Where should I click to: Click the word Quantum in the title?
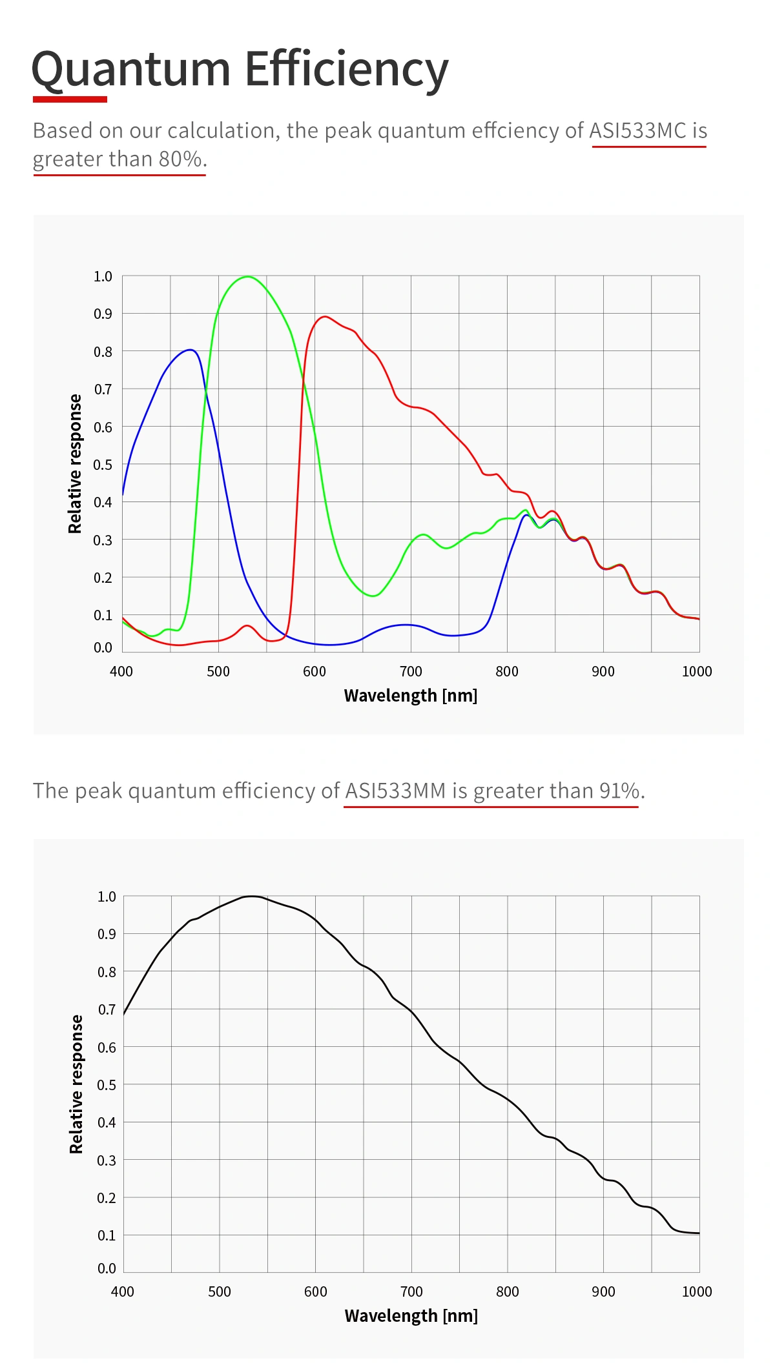click(x=131, y=69)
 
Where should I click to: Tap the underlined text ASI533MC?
click(x=637, y=131)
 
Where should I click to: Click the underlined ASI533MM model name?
click(x=395, y=791)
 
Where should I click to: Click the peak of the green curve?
click(x=248, y=277)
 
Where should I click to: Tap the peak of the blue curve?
click(x=190, y=350)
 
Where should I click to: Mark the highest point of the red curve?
click(x=325, y=317)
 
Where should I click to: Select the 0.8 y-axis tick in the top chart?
click(x=103, y=352)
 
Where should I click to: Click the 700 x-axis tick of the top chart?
click(x=411, y=671)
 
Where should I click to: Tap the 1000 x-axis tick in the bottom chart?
click(x=697, y=1291)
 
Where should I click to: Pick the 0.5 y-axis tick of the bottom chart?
click(x=107, y=1085)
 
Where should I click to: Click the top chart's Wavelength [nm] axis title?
click(x=411, y=696)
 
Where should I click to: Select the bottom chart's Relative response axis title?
click(x=76, y=1084)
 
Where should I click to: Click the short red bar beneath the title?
click(x=70, y=99)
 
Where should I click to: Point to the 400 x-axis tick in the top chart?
click(x=121, y=671)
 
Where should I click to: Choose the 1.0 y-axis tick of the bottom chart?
click(x=107, y=896)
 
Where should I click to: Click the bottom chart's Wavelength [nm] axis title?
click(x=411, y=1316)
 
